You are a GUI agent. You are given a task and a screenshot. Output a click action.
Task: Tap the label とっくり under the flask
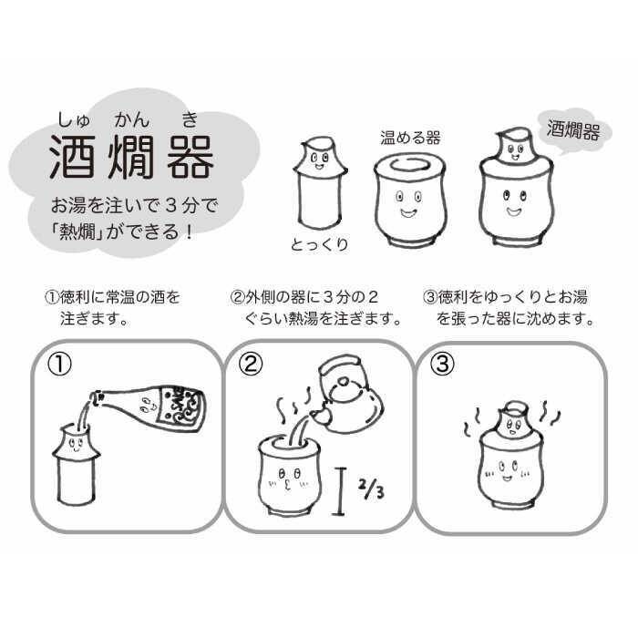[319, 245]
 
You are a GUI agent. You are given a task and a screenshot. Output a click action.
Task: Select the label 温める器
[410, 138]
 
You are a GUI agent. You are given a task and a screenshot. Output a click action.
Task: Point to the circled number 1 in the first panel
[59, 365]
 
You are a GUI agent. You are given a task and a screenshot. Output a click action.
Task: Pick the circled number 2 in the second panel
[252, 365]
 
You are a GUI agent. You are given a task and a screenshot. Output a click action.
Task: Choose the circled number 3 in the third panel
[442, 365]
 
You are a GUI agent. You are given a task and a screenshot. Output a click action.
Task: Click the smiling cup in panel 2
[290, 474]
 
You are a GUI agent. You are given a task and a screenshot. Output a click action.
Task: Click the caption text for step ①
[113, 308]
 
